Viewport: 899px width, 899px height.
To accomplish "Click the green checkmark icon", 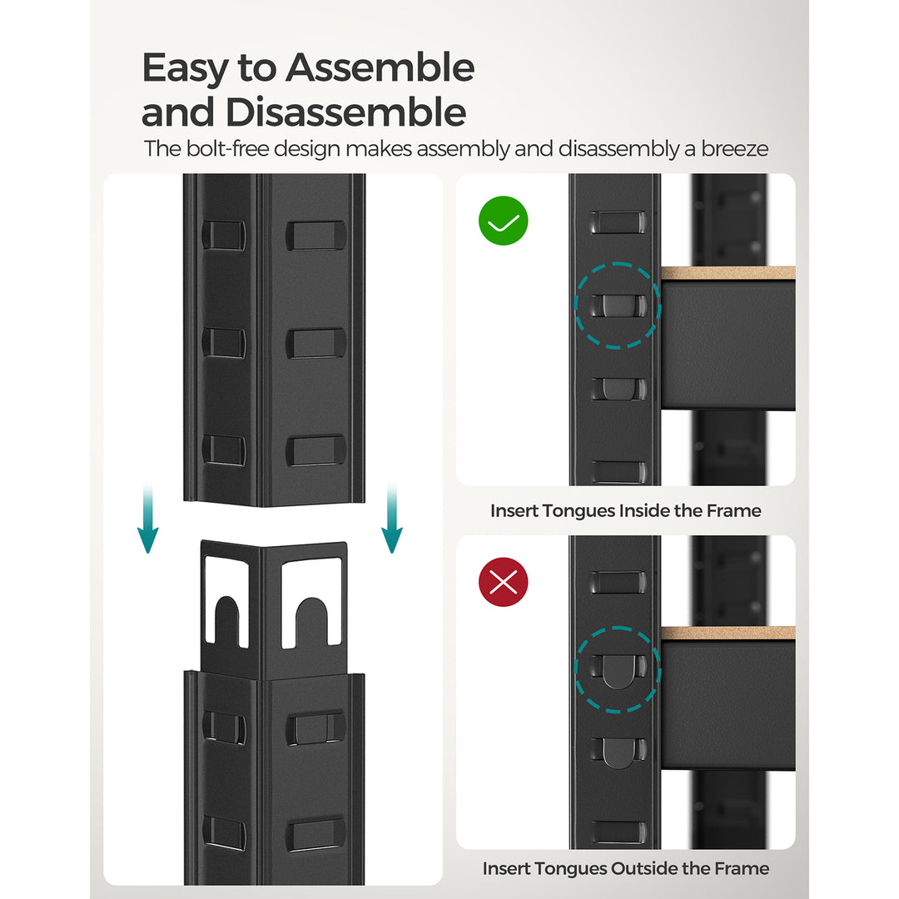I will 504,221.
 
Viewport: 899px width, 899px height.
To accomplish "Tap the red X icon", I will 504,582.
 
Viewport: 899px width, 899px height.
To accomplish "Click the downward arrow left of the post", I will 147,520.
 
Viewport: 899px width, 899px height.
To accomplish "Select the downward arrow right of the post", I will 391,520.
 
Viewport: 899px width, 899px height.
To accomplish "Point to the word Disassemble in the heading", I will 347,112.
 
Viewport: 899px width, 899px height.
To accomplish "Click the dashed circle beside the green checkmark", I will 618,305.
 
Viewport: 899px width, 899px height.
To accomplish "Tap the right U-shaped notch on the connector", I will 311,620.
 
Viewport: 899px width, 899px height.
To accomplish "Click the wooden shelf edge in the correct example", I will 728,274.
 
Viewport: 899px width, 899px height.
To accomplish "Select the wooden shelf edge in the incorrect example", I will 728,633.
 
